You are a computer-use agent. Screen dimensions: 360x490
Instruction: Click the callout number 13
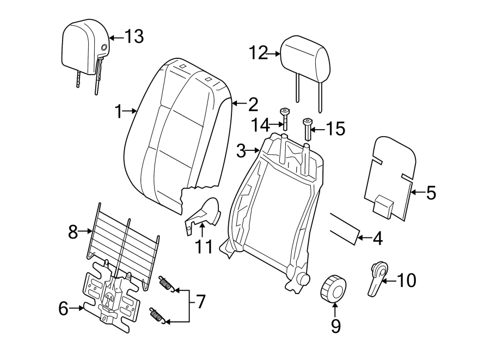tap(134, 37)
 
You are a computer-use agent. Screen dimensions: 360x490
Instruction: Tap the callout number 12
tap(259, 53)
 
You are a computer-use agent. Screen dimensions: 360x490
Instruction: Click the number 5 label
tap(431, 192)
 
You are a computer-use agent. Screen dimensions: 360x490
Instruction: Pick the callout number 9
tap(335, 326)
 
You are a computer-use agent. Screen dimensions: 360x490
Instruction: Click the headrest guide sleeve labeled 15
tap(307, 129)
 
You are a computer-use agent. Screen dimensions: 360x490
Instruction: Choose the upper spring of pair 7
tap(166, 284)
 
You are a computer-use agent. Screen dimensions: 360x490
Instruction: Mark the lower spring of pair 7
tap(157, 315)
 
